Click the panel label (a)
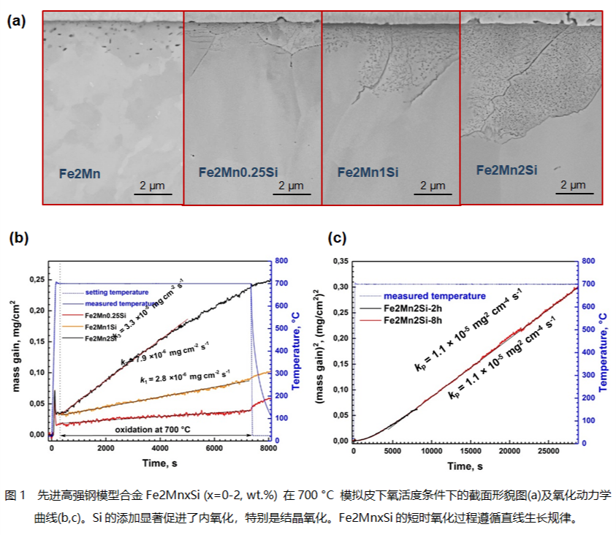coord(16,21)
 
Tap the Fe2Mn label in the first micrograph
coord(80,174)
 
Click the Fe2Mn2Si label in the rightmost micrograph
coord(506,170)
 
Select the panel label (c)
coord(337,238)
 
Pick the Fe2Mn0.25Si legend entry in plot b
coord(104,315)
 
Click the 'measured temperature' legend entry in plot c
coord(435,296)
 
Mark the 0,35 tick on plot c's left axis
coord(338,260)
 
